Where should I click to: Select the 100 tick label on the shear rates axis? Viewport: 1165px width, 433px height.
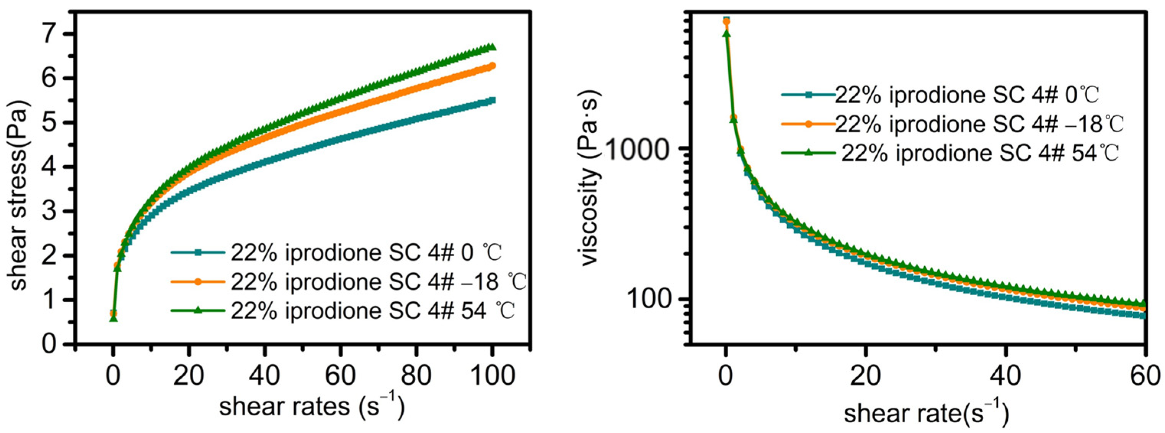coord(492,375)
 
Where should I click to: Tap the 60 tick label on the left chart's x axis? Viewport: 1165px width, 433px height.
coord(340,375)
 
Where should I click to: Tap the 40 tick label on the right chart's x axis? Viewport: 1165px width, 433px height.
coord(1005,375)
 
